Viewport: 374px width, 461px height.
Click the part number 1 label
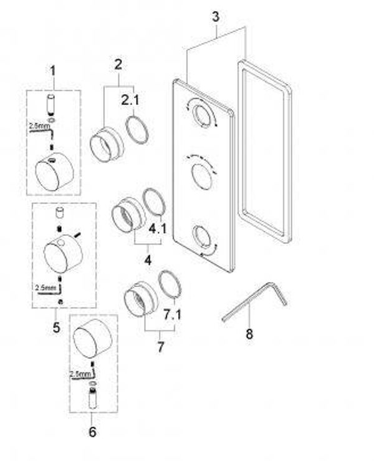click(53, 70)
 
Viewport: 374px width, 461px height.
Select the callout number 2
click(118, 63)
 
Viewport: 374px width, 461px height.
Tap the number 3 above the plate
click(215, 17)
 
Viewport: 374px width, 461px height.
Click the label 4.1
click(158, 230)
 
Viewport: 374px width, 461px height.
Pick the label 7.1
click(171, 314)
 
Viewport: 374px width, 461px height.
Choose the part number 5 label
click(56, 327)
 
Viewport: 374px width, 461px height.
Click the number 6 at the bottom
click(93, 431)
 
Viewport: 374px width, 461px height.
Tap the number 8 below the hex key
click(249, 334)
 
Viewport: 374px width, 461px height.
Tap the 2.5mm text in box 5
click(46, 288)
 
